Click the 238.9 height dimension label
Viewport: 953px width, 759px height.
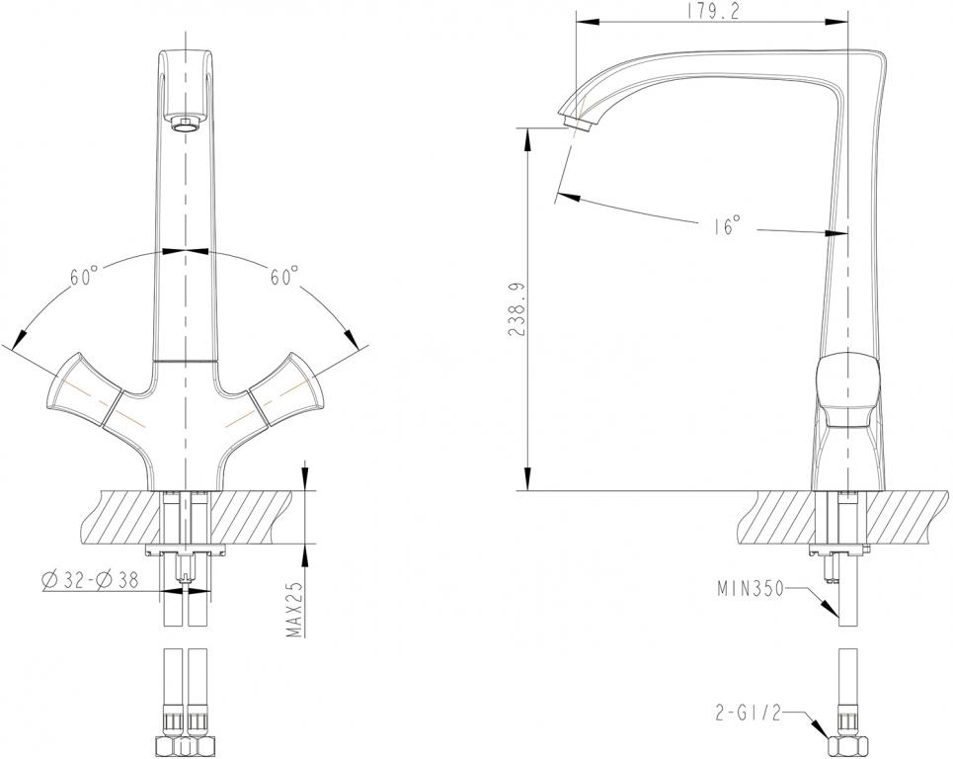(x=517, y=309)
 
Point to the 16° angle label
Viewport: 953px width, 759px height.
(x=727, y=225)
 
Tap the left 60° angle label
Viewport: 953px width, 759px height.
(x=84, y=276)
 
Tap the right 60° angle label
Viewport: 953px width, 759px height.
(x=283, y=276)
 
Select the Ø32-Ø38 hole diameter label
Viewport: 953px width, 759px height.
(x=91, y=581)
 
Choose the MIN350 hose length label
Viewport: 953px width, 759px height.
(x=751, y=589)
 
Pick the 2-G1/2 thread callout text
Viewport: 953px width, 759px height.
(x=748, y=713)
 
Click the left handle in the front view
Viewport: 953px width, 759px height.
(x=83, y=389)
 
